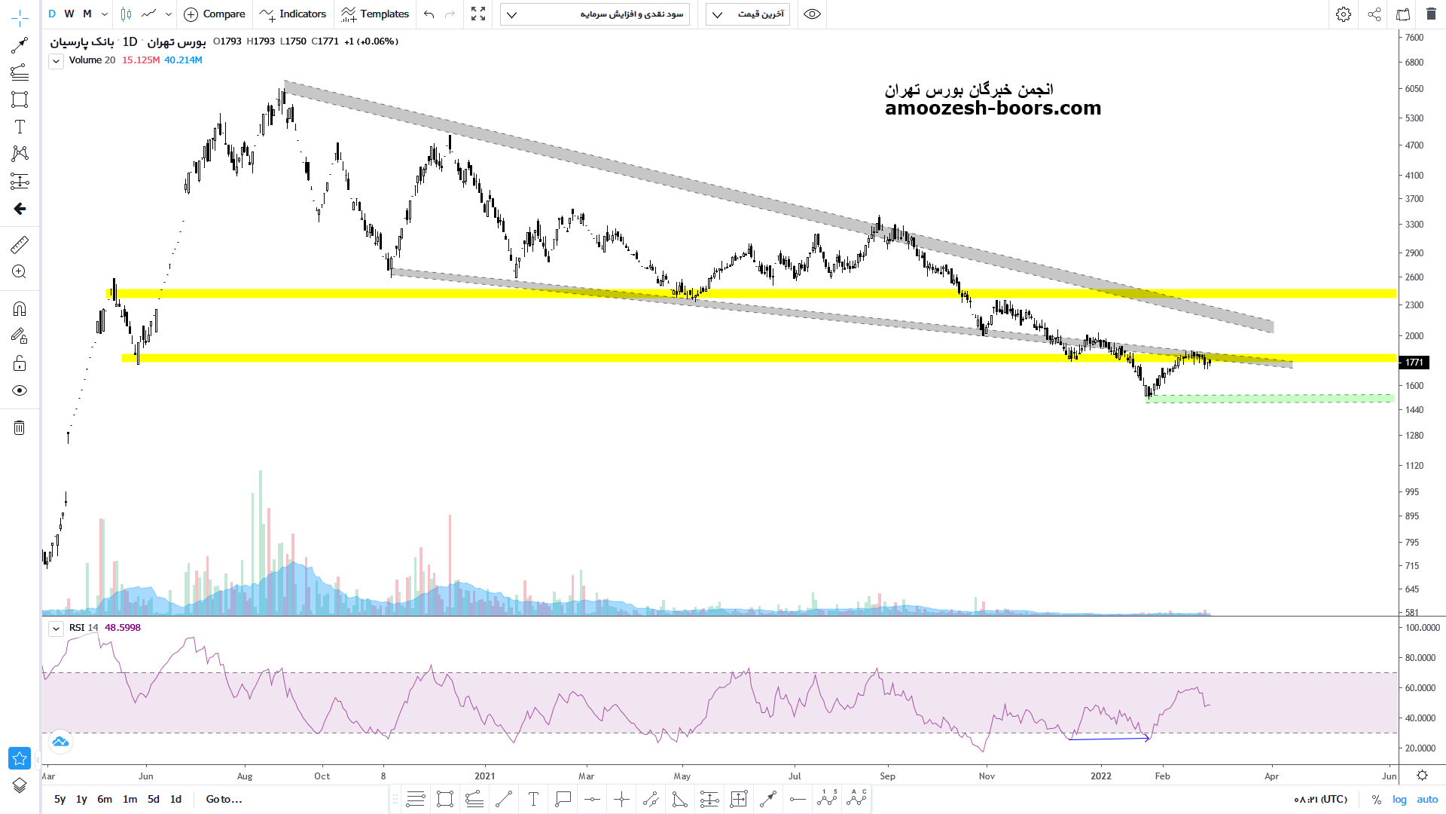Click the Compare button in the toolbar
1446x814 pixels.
click(x=215, y=14)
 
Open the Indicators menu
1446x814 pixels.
click(x=293, y=14)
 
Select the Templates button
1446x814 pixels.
click(x=375, y=14)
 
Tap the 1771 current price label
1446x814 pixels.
click(x=1414, y=363)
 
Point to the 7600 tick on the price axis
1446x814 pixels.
click(x=1414, y=38)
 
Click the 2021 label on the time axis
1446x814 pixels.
click(x=485, y=776)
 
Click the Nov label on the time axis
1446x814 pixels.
click(x=987, y=776)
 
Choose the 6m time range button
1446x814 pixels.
click(x=105, y=799)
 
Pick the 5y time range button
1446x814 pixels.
click(x=60, y=799)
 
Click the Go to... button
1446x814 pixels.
click(x=224, y=799)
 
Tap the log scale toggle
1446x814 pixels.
click(x=1399, y=800)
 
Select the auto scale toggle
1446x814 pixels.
click(x=1427, y=800)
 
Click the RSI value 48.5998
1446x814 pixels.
click(x=123, y=628)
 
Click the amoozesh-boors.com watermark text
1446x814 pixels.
click(x=993, y=109)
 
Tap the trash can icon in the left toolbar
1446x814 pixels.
click(x=20, y=428)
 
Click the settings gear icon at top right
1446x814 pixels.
click(x=1344, y=14)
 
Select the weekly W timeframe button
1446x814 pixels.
click(x=69, y=14)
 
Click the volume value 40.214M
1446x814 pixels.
click(x=183, y=60)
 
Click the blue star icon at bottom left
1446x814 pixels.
click(x=20, y=757)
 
